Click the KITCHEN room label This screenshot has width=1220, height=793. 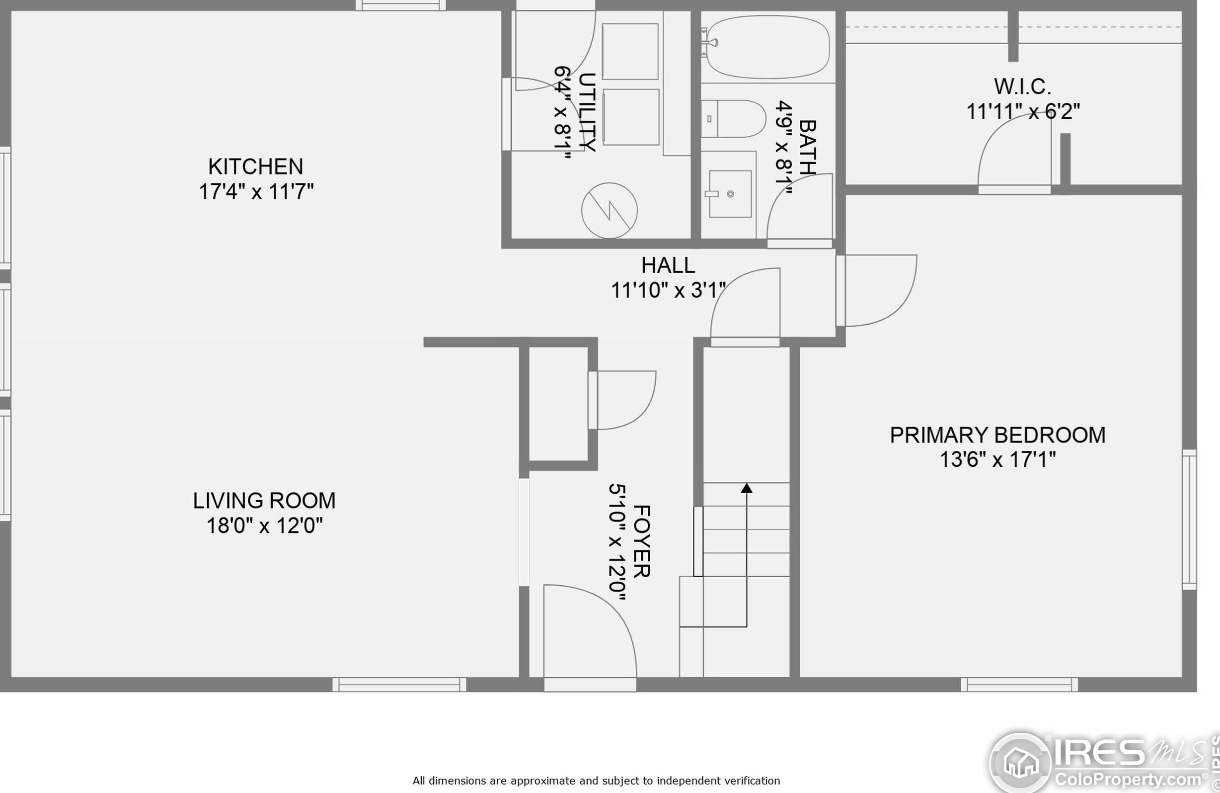(255, 167)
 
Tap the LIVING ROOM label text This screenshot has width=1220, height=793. (264, 501)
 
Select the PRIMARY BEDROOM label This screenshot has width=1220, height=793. (997, 435)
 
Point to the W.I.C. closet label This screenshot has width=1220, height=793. (1023, 87)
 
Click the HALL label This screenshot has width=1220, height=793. (668, 265)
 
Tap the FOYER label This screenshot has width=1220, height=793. (642, 541)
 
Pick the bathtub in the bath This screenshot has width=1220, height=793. (767, 47)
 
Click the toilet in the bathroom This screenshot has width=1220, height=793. (733, 119)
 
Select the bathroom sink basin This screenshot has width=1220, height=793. (730, 194)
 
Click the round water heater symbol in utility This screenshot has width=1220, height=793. (610, 210)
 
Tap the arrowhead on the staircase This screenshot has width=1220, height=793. (747, 488)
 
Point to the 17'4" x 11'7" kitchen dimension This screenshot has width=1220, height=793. (256, 192)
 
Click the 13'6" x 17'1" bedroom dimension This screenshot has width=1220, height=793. (997, 459)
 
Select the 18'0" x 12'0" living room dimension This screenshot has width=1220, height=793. (264, 526)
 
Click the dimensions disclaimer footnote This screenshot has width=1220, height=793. (596, 781)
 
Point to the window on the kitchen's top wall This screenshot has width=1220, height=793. (401, 5)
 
